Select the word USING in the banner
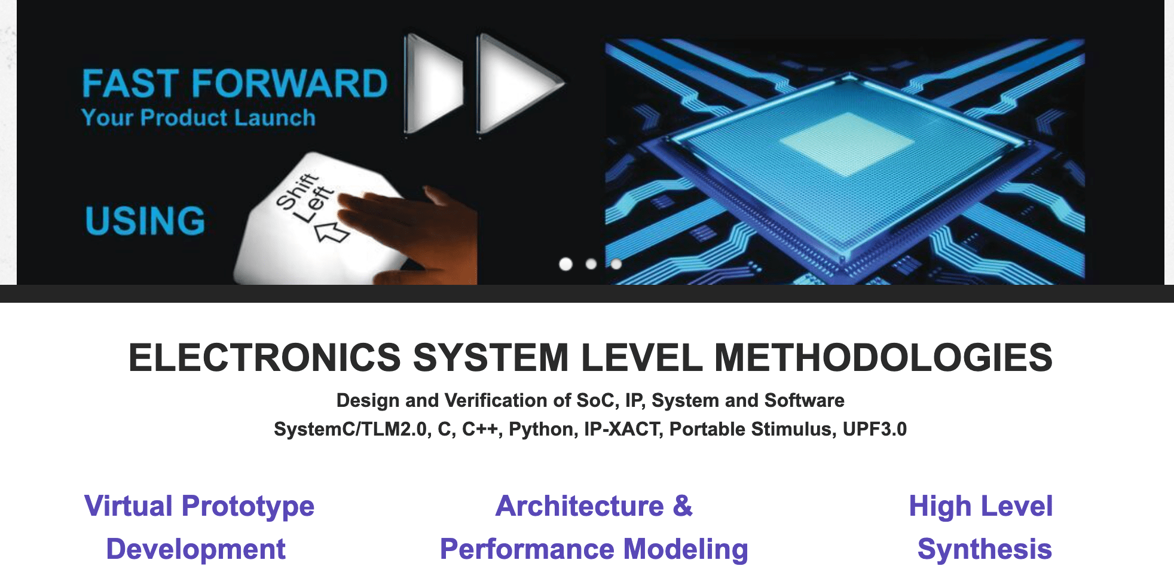pos(145,220)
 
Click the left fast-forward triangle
pos(433,83)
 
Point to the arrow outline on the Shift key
pos(332,232)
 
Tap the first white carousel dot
pos(565,264)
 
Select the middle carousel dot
pos(591,264)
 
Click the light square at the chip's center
pos(847,144)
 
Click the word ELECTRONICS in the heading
pos(265,358)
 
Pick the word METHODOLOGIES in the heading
pos(883,358)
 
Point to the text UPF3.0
pos(875,429)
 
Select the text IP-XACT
pos(623,429)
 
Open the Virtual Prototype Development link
pos(199,527)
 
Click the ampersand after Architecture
pos(683,506)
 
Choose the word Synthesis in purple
pos(985,549)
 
